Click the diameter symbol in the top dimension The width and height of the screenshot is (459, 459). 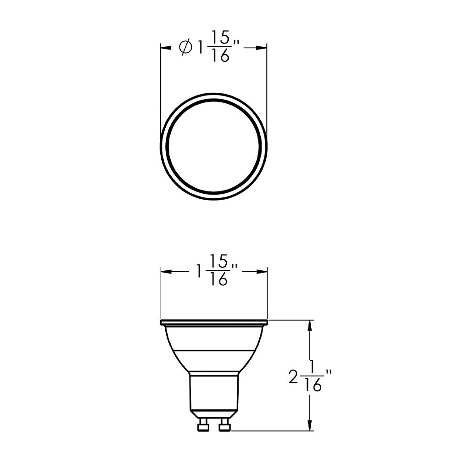click(186, 48)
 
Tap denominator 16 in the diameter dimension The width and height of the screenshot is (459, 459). click(221, 56)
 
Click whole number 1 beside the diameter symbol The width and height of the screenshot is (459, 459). click(200, 48)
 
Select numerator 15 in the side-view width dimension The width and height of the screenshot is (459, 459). click(219, 262)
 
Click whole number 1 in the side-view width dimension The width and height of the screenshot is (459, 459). click(199, 272)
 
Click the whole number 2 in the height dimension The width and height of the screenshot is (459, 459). click(293, 378)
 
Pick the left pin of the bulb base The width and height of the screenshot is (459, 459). click(202, 425)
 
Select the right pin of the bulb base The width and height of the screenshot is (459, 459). click(224, 425)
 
